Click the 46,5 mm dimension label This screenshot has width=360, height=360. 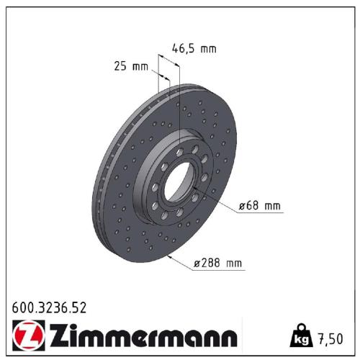click(194, 49)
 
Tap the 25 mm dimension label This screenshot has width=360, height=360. click(131, 67)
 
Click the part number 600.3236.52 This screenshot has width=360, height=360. click(50, 309)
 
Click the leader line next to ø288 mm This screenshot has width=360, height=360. click(181, 261)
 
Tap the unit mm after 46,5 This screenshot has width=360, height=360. click(207, 49)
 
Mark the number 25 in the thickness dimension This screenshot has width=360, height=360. click(121, 67)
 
